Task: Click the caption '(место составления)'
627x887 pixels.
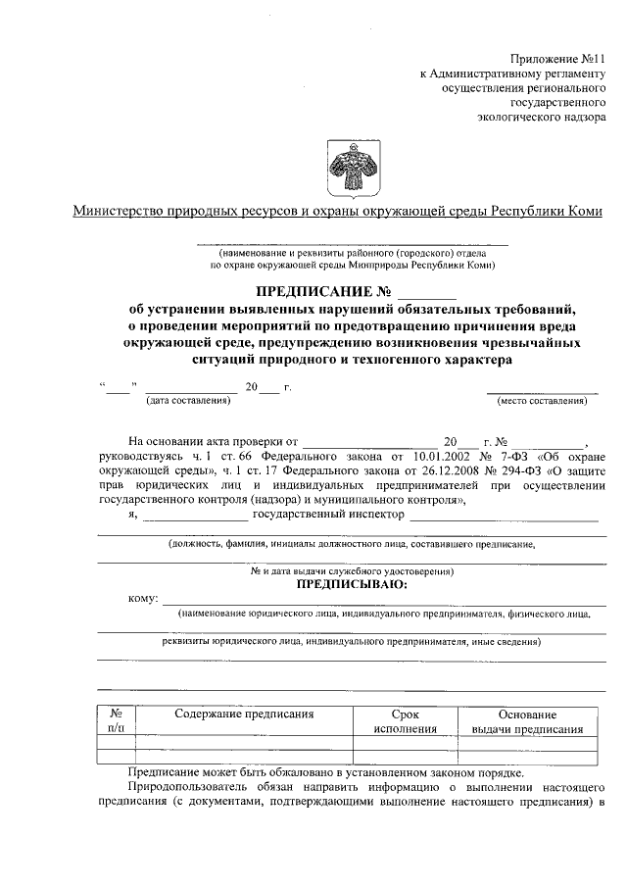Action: coord(542,401)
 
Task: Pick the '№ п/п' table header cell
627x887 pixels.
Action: coord(116,721)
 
